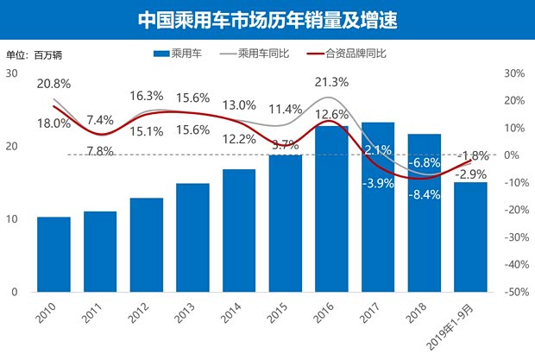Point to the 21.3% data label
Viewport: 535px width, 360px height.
coord(331,83)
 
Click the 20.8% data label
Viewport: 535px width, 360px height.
coord(53,84)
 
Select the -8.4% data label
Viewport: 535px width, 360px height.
coord(424,194)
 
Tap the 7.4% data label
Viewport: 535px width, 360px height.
coord(100,120)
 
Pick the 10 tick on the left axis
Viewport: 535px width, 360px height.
coord(11,219)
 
